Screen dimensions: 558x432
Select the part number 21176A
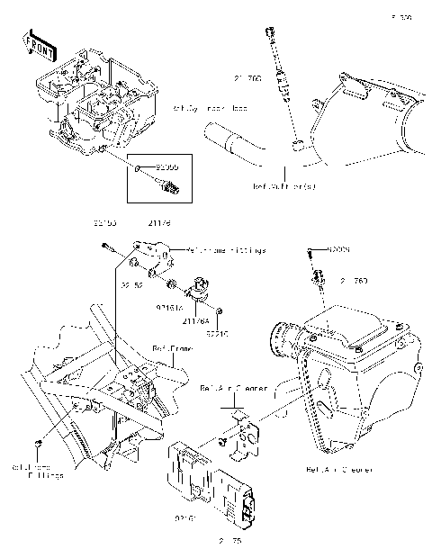point(195,319)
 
